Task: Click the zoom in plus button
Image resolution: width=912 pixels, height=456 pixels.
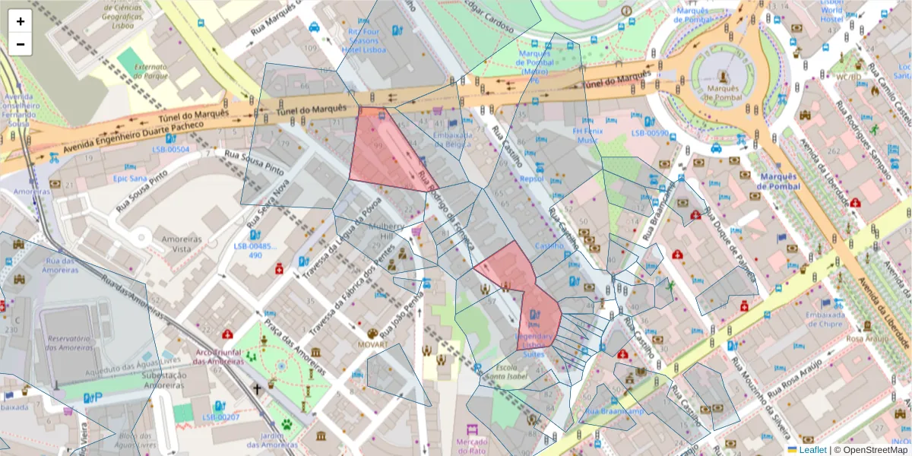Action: tap(21, 21)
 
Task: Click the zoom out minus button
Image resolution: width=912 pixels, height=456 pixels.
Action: tap(21, 44)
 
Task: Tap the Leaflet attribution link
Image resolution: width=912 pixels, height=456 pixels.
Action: tap(811, 450)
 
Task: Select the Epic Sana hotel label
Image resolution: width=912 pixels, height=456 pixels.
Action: tap(129, 179)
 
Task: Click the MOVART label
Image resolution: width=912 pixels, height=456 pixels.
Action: tap(372, 344)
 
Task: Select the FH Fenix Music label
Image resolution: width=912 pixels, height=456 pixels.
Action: tap(587, 135)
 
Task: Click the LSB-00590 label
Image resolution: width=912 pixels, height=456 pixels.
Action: tap(649, 134)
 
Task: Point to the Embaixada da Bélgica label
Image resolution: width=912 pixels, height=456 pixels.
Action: tap(453, 139)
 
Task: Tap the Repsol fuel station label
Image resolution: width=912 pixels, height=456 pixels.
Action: tap(531, 179)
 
